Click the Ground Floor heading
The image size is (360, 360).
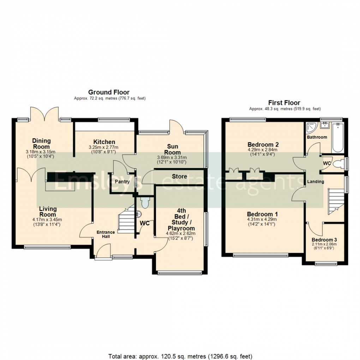click(x=109, y=92)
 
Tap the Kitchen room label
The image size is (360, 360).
click(x=104, y=142)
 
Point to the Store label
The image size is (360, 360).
click(x=179, y=176)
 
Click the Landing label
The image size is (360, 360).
click(x=316, y=181)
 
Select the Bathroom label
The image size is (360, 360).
click(x=317, y=137)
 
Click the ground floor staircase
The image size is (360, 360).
click(x=125, y=221)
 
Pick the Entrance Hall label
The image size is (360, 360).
click(x=106, y=234)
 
